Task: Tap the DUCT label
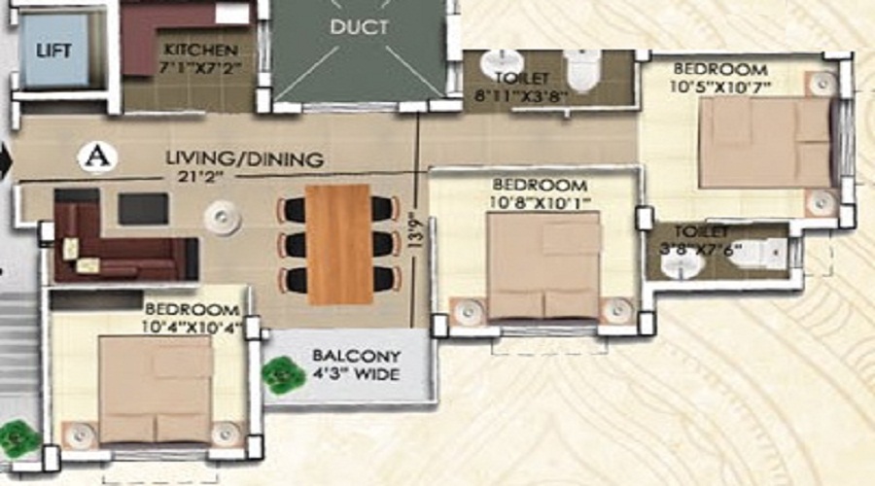click(359, 28)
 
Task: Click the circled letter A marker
click(93, 156)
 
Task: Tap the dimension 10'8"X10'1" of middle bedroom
click(539, 202)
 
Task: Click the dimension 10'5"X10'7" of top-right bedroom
click(719, 87)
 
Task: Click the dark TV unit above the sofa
click(143, 208)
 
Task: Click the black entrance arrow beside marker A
click(5, 158)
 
